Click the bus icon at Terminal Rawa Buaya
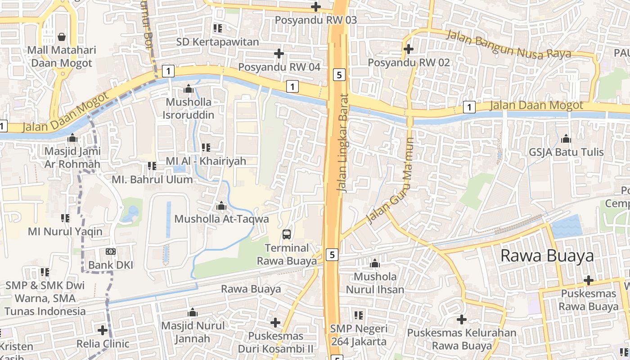pyautogui.click(x=287, y=234)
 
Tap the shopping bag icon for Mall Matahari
pyautogui.click(x=62, y=36)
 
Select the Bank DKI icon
pyautogui.click(x=110, y=252)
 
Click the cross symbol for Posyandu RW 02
pyautogui.click(x=409, y=49)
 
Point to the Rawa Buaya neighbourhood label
pyautogui.click(x=547, y=256)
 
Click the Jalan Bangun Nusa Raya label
pyautogui.click(x=508, y=45)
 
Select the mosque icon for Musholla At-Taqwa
pyautogui.click(x=221, y=206)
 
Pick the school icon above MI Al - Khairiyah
pyautogui.click(x=206, y=147)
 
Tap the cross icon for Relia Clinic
pyautogui.click(x=103, y=330)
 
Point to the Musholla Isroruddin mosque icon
pyautogui.click(x=189, y=89)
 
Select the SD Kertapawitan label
pyautogui.click(x=218, y=42)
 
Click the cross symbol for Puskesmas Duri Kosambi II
pyautogui.click(x=275, y=323)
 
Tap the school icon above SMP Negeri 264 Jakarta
pyautogui.click(x=358, y=315)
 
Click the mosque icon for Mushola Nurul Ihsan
pyautogui.click(x=375, y=263)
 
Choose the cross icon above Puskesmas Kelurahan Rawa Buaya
pyautogui.click(x=462, y=319)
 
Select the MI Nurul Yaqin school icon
pyautogui.click(x=65, y=218)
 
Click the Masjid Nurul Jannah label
pyautogui.click(x=193, y=332)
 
